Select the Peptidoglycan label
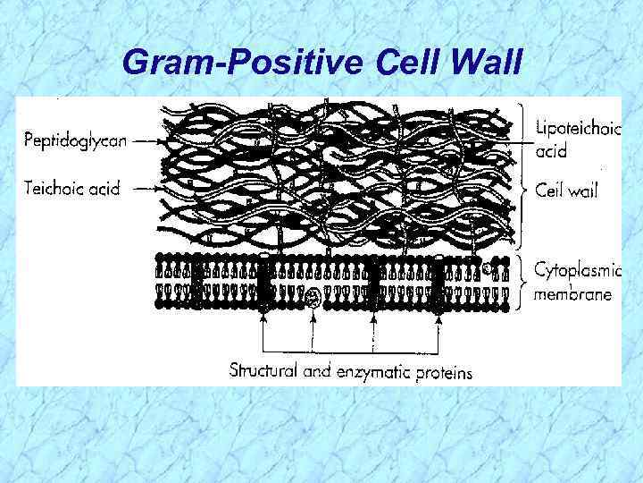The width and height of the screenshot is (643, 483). pos(74,140)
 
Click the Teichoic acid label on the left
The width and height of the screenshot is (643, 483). pos(71,189)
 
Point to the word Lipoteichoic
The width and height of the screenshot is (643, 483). pos(577,130)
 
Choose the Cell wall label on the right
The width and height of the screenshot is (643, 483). pos(565,190)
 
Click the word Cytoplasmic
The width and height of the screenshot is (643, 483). pos(576,269)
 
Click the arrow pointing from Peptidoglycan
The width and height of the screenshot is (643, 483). pos(140,140)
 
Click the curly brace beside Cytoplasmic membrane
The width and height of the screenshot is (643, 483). pos(523,281)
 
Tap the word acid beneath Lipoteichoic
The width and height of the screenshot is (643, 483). pos(550,151)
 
